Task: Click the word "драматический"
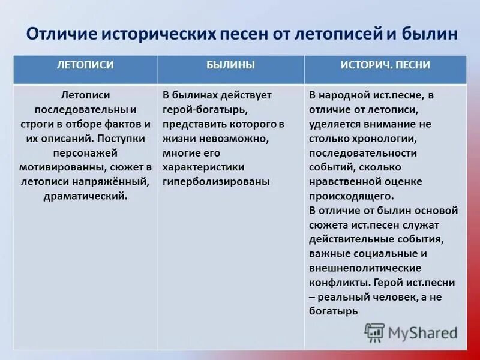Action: tap(85, 196)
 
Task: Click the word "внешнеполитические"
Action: tap(365, 268)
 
